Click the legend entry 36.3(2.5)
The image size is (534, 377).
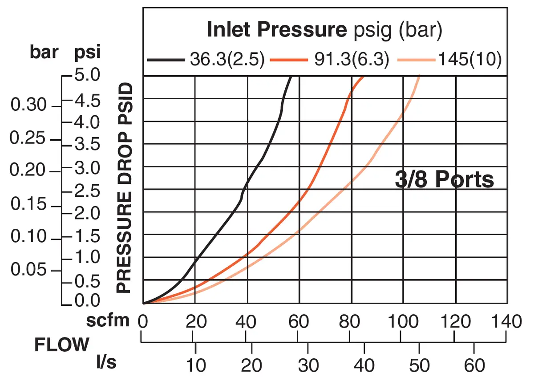point(227,59)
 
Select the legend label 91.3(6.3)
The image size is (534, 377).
point(352,59)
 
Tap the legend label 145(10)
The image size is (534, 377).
point(470,59)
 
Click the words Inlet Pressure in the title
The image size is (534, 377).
point(277,29)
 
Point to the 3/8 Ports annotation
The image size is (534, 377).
point(445,179)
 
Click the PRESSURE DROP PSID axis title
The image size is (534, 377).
point(124,188)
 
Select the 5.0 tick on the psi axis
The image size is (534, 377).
point(87,75)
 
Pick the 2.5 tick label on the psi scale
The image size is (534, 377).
point(87,191)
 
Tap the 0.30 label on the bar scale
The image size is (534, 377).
point(28,105)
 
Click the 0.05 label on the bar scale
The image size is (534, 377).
point(28,269)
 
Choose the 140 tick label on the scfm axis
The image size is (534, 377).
point(506,321)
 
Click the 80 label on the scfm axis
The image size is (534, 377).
point(349,321)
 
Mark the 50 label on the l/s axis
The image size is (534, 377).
point(419,365)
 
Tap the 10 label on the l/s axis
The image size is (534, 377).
point(196,365)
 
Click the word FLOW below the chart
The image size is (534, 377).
point(62,345)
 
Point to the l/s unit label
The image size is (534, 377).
point(106,362)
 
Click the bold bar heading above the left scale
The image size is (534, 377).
point(44,52)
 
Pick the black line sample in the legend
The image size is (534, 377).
point(166,60)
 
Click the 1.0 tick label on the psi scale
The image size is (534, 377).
point(87,257)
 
